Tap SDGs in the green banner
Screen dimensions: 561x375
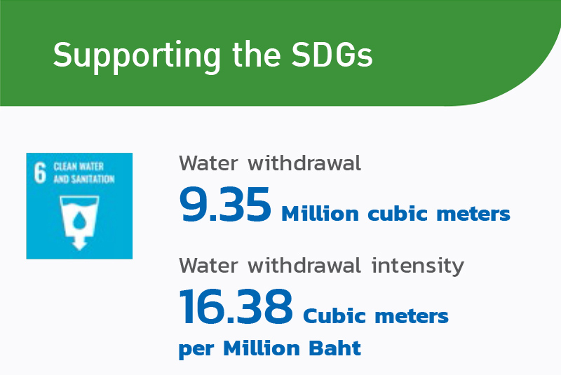pos(332,55)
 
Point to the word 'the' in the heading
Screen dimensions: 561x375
pos(256,54)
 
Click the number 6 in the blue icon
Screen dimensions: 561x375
pos(40,172)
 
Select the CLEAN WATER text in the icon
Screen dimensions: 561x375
pos(79,167)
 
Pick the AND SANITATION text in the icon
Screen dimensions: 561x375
pos(84,179)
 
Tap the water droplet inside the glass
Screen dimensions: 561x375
pos(79,220)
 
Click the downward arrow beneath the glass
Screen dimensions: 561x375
pos(79,242)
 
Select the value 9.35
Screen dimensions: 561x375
pos(225,205)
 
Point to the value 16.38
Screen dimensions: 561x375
pos(236,307)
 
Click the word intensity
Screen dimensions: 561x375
pos(417,266)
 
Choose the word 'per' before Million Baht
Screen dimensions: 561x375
pos(196,350)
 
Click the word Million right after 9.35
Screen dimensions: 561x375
pos(320,213)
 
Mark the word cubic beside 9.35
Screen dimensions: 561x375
pos(398,213)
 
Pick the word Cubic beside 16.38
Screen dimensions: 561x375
pos(334,315)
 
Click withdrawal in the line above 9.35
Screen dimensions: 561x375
pos(304,163)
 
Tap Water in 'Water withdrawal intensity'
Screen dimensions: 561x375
pos(208,266)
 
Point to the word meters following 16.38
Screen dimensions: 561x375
pos(412,316)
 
